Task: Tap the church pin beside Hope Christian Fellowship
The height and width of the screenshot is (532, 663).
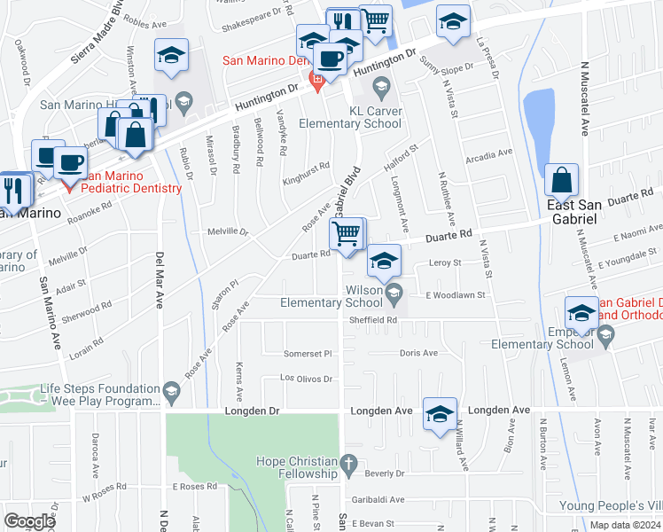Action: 349,462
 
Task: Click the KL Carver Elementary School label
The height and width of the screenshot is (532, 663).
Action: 350,117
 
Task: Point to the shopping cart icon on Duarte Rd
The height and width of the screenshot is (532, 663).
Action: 347,235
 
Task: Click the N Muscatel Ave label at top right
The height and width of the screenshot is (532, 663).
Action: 585,98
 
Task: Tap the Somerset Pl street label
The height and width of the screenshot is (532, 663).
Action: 307,353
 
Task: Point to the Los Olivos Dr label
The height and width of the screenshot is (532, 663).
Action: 306,379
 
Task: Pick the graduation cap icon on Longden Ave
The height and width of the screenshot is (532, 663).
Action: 441,414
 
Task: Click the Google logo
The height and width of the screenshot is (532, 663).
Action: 29,521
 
